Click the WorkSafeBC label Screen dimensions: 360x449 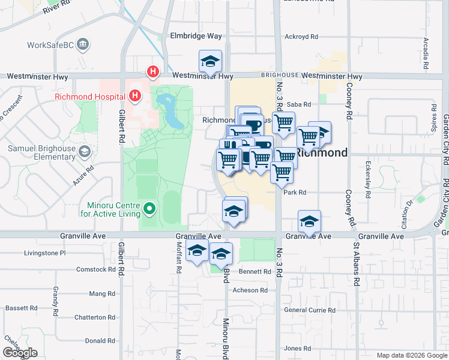[x=52, y=45]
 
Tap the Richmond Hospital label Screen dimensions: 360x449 [x=89, y=96]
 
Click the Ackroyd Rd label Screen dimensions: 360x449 [x=301, y=37]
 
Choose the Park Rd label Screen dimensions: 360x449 [x=295, y=193]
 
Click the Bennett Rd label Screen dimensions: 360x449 [x=255, y=272]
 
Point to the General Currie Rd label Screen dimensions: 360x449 [x=310, y=310]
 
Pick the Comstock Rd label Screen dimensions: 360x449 [x=95, y=269]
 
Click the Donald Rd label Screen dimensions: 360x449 [x=100, y=340]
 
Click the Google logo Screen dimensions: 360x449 [x=20, y=353]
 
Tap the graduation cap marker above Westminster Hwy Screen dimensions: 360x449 [x=210, y=61]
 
